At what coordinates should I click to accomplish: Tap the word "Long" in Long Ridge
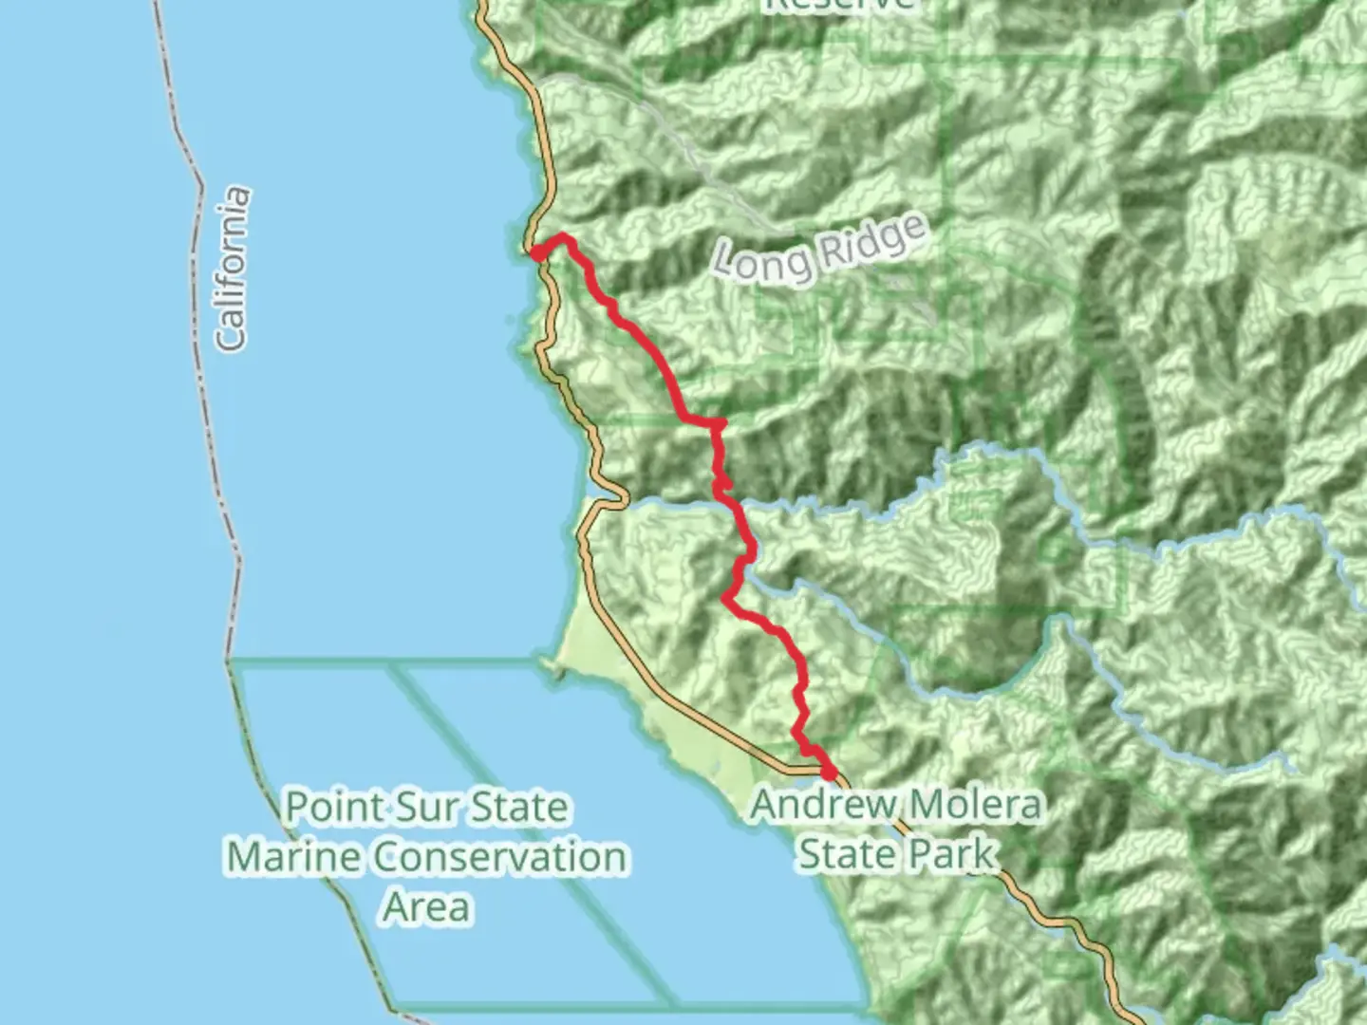tap(758, 261)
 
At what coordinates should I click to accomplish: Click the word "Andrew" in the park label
tap(821, 806)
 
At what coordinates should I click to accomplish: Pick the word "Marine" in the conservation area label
tap(294, 857)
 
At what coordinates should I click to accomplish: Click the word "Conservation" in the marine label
tap(499, 857)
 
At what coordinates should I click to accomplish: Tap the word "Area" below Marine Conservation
tap(427, 906)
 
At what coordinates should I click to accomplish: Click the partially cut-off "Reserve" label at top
tap(838, 5)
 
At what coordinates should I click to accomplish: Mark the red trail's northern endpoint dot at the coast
tap(536, 253)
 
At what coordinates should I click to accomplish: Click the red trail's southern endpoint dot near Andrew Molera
tap(830, 774)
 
